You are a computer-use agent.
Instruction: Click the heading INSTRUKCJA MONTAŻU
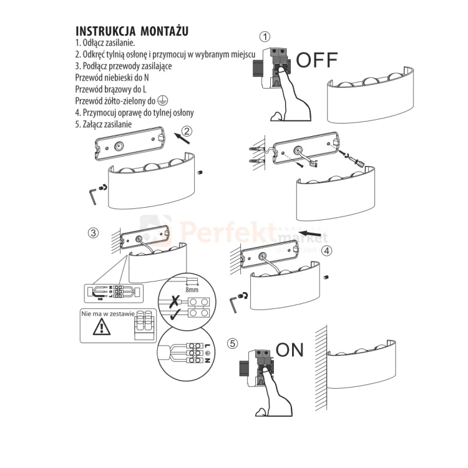point(132,31)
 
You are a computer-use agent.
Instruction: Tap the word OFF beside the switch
point(316,60)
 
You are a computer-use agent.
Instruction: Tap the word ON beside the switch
point(290,349)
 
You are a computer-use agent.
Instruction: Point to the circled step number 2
point(187,131)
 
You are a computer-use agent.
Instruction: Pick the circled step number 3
point(93,233)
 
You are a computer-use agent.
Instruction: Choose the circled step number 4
point(326,251)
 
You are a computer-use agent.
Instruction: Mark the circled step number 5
point(233,343)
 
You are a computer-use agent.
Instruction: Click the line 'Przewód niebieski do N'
point(112,78)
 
